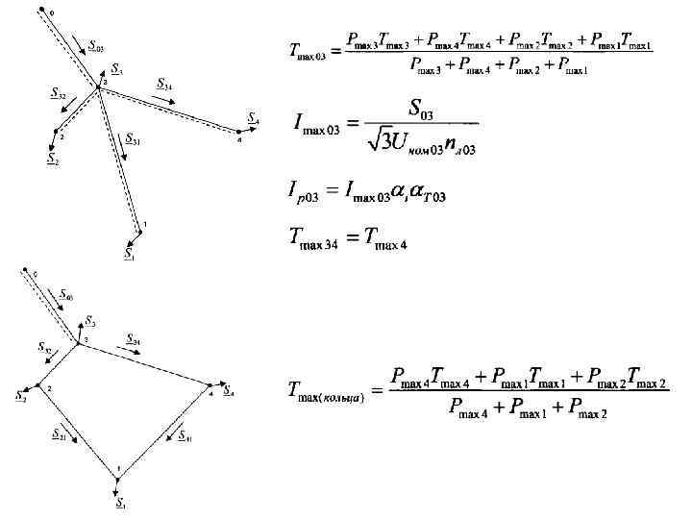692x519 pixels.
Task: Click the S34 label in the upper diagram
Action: (x=164, y=84)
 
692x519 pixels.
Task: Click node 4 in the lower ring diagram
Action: (x=210, y=390)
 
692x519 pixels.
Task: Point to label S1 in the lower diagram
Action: (x=121, y=503)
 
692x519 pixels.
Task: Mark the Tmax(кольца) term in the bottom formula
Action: (x=326, y=391)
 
